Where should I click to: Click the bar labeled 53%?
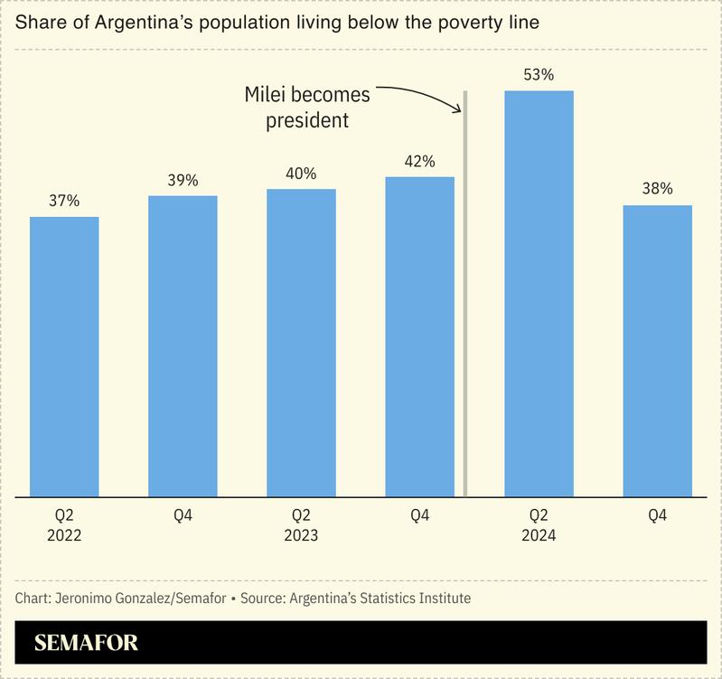tap(539, 294)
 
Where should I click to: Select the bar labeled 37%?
tap(64, 356)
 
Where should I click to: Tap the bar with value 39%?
tap(183, 345)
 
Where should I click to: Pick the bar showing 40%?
tap(301, 343)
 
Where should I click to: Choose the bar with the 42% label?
tap(419, 336)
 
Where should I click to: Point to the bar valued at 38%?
tap(657, 351)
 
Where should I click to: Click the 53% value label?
tap(539, 75)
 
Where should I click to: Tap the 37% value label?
tap(64, 201)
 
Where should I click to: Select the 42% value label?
tap(419, 161)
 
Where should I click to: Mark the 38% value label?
tap(657, 189)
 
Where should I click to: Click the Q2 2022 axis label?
tap(64, 525)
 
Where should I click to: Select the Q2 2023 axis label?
tap(301, 525)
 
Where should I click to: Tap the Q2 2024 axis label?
tap(539, 525)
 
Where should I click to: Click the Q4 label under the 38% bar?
tap(657, 516)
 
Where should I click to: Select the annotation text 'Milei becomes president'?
tap(307, 107)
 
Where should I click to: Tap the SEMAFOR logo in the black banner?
tap(86, 644)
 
